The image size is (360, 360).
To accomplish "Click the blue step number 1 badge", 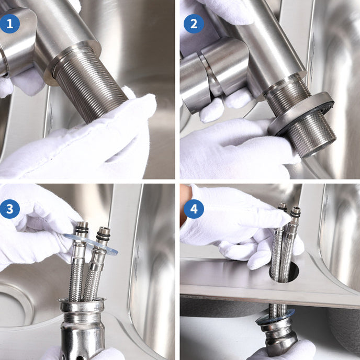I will click(10, 24).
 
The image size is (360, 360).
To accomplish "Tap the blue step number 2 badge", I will click(194, 24).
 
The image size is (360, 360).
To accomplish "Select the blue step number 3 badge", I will click(10, 209).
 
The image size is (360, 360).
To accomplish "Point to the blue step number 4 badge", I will click(194, 210).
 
